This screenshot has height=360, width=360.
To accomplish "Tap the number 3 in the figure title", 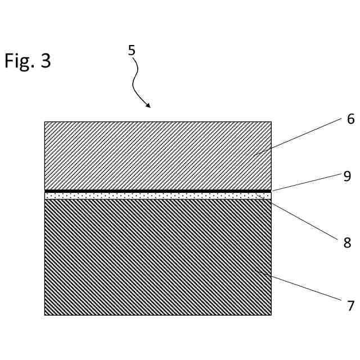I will pyautogui.click(x=45, y=61).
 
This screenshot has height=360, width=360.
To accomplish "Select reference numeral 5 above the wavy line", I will pyautogui.click(x=132, y=50).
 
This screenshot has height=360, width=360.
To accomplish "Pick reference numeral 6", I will pyautogui.click(x=350, y=119).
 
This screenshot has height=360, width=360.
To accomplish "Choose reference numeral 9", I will pyautogui.click(x=347, y=176).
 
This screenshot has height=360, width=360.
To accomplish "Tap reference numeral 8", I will pyautogui.click(x=347, y=243).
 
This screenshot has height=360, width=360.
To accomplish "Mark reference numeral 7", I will pyautogui.click(x=350, y=306).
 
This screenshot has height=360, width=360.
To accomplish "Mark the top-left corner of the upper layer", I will pyautogui.click(x=45, y=122).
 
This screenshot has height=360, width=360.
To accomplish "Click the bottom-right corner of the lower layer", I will pyautogui.click(x=271, y=314).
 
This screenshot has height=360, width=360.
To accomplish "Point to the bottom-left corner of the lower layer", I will pyautogui.click(x=45, y=314).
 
